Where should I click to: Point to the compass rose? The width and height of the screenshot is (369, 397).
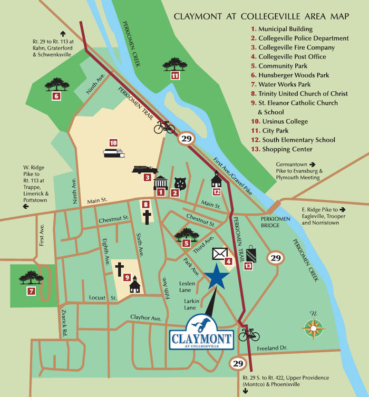pos(313,327)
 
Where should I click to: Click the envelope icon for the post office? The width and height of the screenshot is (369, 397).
pos(219,254)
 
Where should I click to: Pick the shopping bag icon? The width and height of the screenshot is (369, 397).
pos(251,254)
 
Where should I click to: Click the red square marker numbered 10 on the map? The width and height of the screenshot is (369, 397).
pos(113,142)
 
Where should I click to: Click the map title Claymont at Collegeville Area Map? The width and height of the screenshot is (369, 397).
pos(261,16)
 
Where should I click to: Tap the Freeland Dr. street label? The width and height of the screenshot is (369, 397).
pos(271,348)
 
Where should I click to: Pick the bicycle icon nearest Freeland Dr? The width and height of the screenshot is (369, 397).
pos(249,334)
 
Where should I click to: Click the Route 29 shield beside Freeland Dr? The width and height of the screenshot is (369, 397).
pos(238,363)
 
